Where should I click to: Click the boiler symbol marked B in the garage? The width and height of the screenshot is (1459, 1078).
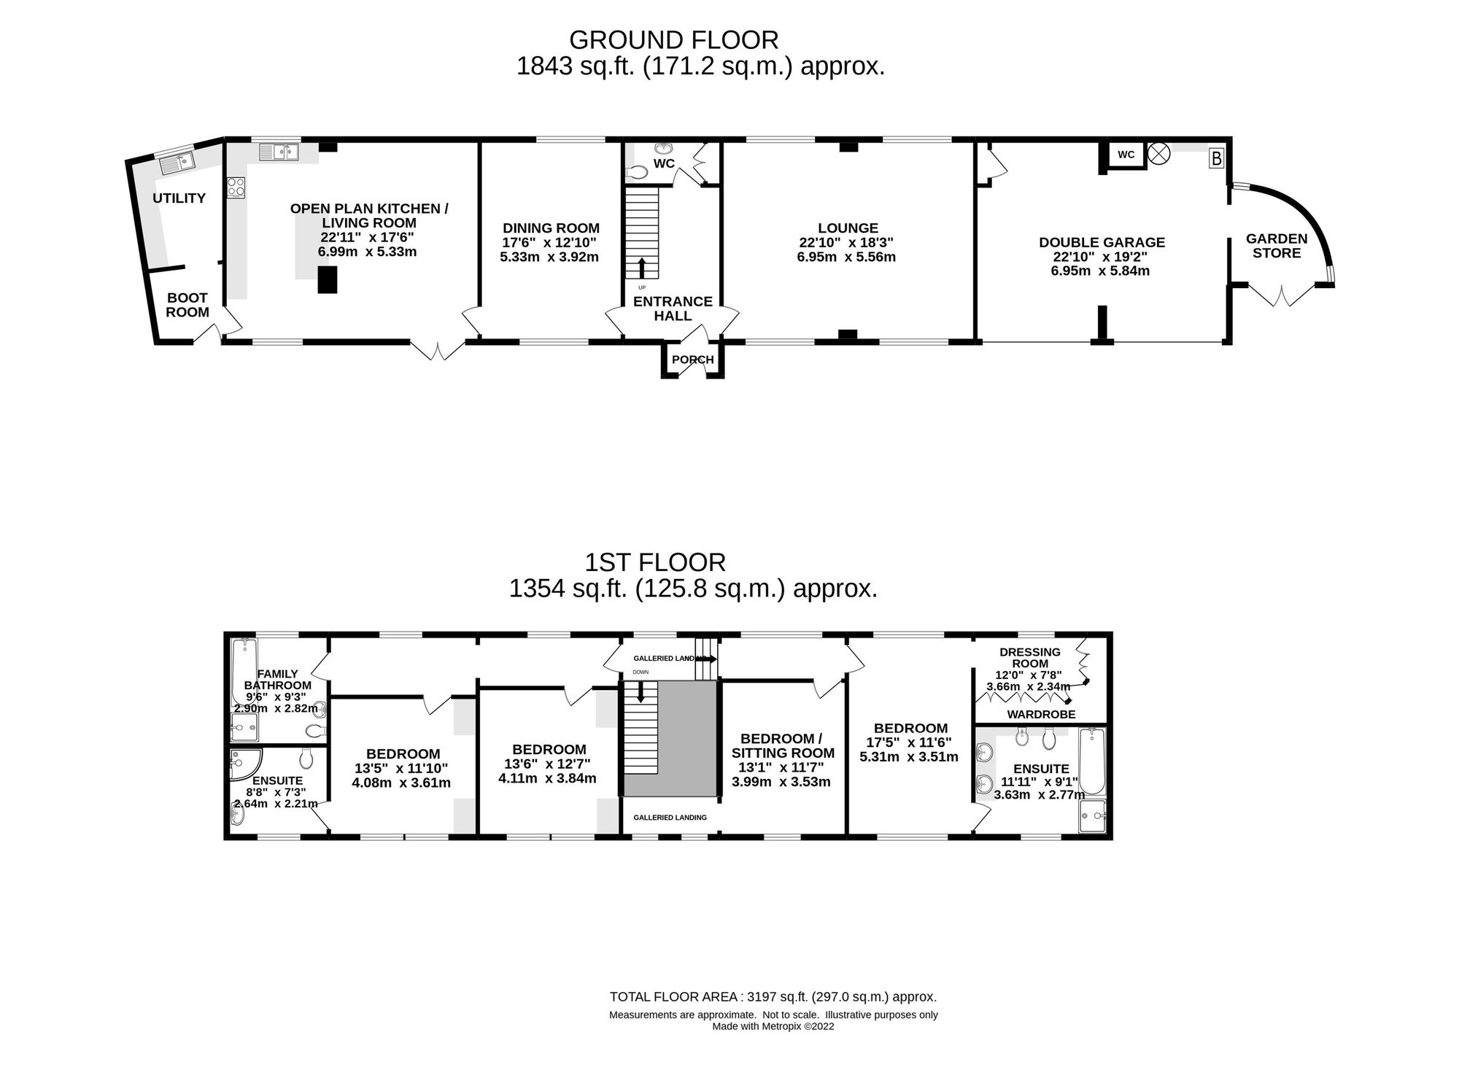[1216, 158]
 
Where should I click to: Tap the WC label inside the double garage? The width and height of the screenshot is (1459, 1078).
[1126, 155]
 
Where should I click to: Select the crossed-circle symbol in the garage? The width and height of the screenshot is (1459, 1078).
[1158, 154]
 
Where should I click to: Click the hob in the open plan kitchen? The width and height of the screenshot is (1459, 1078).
[236, 187]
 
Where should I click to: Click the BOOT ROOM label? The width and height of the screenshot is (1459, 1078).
[187, 305]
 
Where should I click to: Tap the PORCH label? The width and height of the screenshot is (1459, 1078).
[692, 360]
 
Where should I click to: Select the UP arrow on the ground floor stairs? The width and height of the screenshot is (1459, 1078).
[642, 268]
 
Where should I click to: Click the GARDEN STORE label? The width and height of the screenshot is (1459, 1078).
[1277, 246]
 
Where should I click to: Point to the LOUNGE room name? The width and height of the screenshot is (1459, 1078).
[848, 228]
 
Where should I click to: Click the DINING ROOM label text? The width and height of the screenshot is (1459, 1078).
[551, 228]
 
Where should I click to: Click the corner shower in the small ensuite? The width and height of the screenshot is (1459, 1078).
[241, 764]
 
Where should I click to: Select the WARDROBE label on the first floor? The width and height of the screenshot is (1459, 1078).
[1041, 715]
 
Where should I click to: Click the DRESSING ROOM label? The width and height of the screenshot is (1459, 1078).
[1030, 658]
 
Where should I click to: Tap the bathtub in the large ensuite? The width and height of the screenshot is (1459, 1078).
[1092, 761]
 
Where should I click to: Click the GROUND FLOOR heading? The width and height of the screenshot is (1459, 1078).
[673, 39]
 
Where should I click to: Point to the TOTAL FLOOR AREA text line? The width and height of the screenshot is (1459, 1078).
[773, 997]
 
